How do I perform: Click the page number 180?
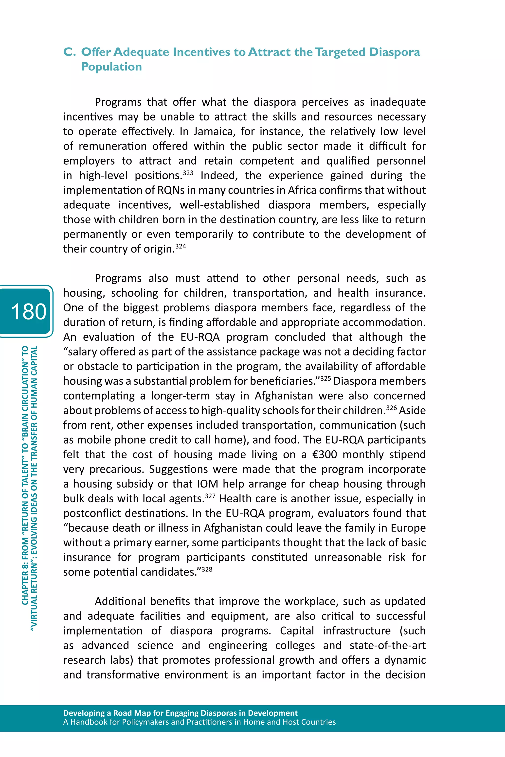coord(28,311)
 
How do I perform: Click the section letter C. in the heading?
coord(70,52)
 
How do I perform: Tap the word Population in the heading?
coord(111,67)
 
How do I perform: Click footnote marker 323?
coord(188,173)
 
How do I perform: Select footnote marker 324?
coord(181,246)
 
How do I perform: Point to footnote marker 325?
coord(325,378)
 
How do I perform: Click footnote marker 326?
coord(391,408)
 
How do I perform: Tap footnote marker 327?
coord(210,496)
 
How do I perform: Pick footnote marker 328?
coord(207,569)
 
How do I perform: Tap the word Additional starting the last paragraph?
coord(120,601)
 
